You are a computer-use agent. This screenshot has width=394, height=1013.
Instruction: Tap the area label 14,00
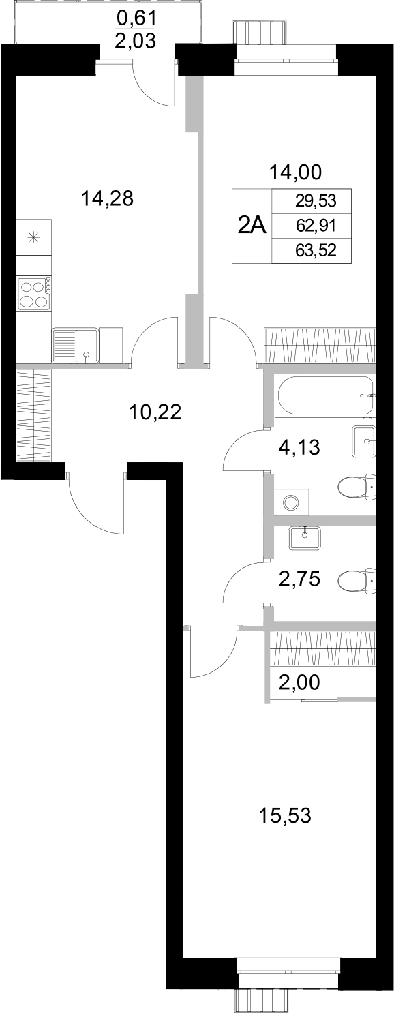(x=294, y=172)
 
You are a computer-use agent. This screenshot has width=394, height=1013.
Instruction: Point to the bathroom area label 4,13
(x=299, y=448)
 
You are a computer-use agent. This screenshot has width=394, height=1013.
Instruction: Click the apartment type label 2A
(x=252, y=226)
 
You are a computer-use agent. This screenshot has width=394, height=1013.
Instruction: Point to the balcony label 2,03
(x=136, y=42)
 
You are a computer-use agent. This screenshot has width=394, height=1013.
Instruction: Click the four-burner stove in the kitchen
(x=33, y=294)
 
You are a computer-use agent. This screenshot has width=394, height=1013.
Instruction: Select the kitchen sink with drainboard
(x=75, y=345)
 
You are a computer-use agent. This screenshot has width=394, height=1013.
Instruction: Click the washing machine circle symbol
(x=292, y=502)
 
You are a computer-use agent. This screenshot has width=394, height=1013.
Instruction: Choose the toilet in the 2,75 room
(x=358, y=581)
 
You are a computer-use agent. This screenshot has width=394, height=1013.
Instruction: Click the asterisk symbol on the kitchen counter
(x=33, y=237)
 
